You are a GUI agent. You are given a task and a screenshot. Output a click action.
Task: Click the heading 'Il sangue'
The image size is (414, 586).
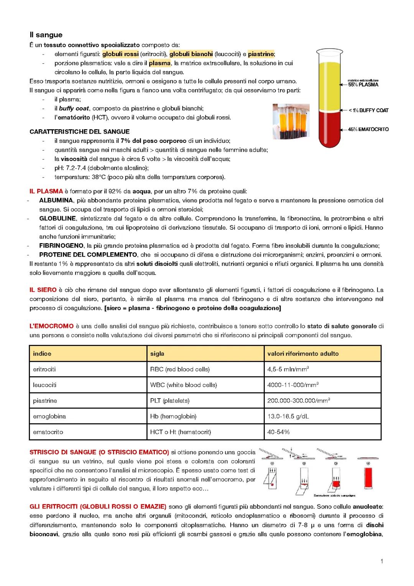(46, 35)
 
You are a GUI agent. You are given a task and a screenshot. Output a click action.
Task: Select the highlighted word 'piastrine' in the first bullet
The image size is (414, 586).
(261, 54)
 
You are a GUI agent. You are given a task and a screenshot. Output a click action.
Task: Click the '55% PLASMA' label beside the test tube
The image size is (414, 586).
(363, 84)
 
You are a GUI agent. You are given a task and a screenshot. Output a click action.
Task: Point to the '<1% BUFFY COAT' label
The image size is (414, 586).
(368, 110)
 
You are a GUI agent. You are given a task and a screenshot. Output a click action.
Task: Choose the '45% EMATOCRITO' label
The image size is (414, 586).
(368, 129)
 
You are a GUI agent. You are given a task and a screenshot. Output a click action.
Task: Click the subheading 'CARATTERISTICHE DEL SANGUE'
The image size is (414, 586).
(79, 132)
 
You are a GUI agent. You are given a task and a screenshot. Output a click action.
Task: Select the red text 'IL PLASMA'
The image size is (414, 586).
(46, 191)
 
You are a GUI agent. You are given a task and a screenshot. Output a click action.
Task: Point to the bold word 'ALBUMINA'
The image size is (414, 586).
(56, 200)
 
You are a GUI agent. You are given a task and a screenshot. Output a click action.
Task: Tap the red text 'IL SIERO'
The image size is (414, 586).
(43, 290)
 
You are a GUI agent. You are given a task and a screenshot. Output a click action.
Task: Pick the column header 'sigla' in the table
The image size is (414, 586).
(157, 354)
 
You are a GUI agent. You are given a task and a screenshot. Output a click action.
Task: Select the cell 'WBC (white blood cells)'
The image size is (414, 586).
(183, 385)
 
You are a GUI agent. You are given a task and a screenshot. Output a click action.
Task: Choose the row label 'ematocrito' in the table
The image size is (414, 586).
(48, 432)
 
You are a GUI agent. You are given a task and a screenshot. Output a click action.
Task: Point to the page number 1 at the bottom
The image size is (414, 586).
(382, 562)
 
